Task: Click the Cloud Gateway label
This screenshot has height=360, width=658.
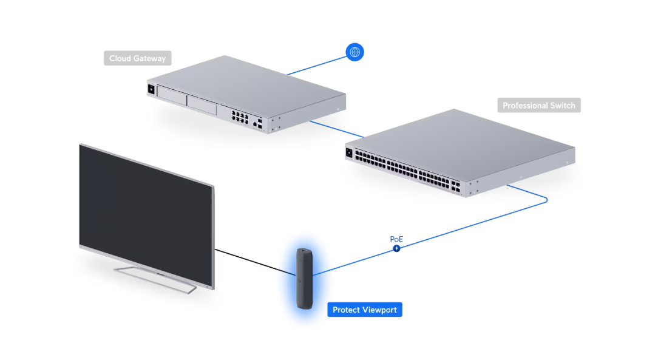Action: (x=137, y=59)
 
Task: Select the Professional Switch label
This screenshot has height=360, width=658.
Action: (x=538, y=106)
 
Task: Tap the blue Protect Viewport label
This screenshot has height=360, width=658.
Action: (x=364, y=310)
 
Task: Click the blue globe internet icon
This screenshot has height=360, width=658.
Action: (x=354, y=52)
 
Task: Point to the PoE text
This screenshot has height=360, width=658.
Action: (x=396, y=239)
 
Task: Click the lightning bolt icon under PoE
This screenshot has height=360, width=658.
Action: (x=396, y=248)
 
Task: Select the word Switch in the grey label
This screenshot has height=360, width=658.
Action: (x=560, y=106)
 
